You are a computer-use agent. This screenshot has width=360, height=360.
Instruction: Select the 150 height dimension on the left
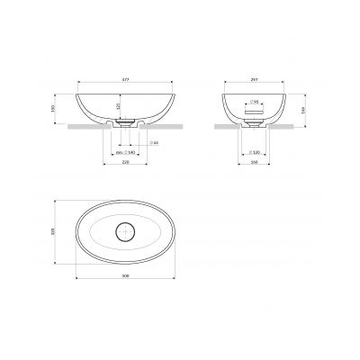58,108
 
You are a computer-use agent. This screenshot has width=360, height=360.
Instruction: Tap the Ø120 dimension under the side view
256,153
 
